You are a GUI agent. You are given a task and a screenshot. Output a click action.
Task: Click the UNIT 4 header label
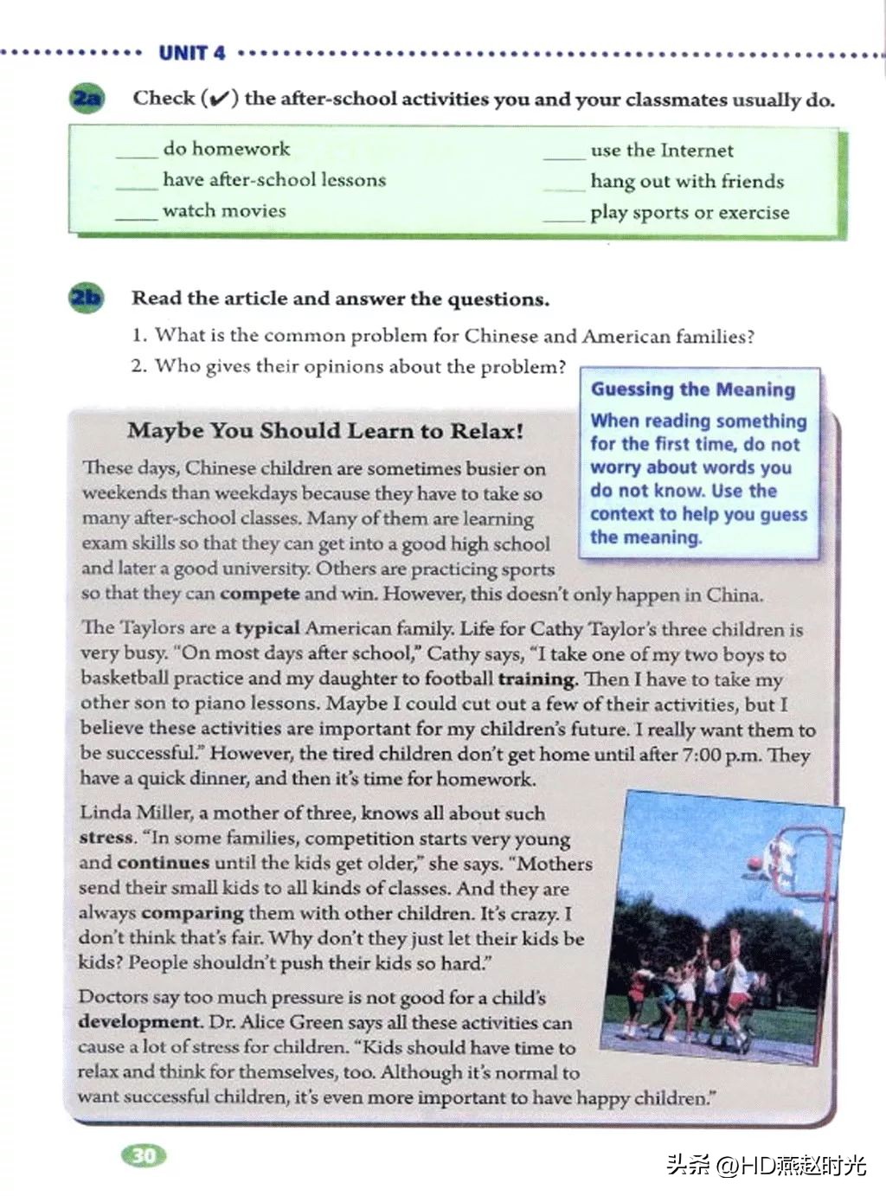pos(191,53)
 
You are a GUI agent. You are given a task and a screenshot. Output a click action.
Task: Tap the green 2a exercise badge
pos(86,98)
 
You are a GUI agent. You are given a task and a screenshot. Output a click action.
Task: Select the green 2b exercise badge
pos(85,299)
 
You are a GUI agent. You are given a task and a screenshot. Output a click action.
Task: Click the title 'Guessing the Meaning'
pos(693,389)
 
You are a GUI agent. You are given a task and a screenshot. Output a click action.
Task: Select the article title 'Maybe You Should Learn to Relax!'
pos(325,431)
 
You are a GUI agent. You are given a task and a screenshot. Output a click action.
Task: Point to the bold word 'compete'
pos(260,594)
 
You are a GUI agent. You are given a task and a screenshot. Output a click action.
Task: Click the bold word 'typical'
pos(267,628)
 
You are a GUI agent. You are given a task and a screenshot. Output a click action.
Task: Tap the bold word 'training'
pos(537,679)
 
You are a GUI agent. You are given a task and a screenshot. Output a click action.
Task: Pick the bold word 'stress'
pos(106,838)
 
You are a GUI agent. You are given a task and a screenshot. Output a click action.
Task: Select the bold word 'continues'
pos(163,863)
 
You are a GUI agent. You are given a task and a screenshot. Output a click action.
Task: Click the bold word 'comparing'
pos(193,913)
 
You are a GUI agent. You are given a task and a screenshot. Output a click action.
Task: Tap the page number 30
pos(144,1155)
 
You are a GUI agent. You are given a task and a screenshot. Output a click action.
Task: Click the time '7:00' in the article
pos(701,755)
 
